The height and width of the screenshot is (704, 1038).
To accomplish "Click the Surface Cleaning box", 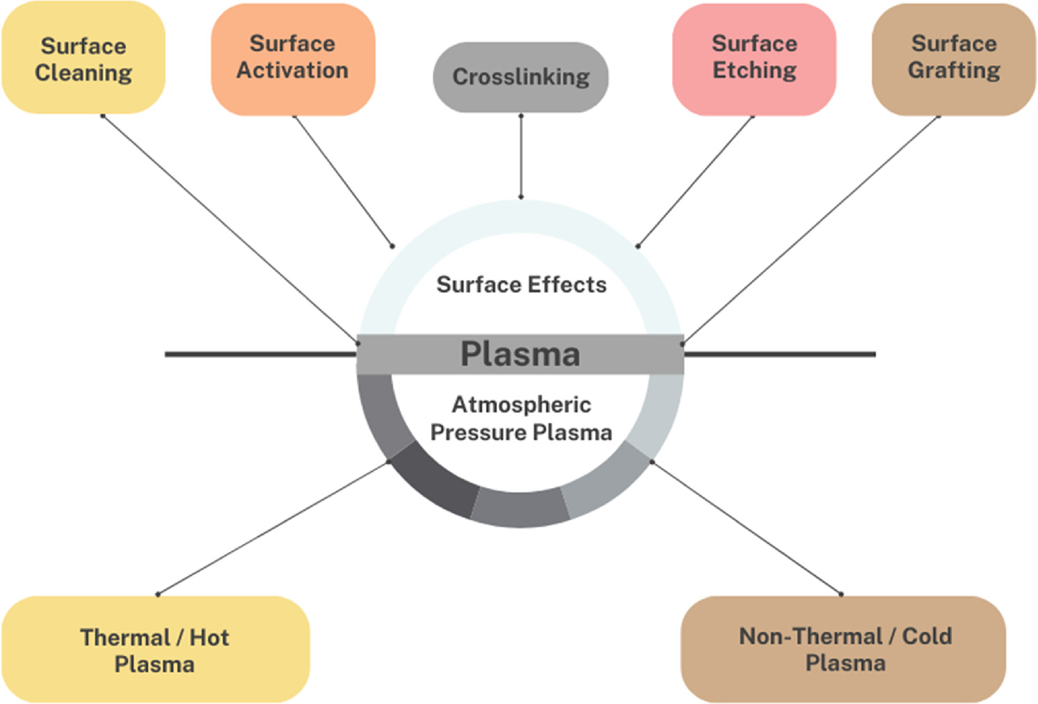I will click(x=83, y=59).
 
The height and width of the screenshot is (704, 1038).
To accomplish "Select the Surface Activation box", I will click(x=292, y=58).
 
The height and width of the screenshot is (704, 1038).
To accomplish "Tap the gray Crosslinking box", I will click(x=521, y=77).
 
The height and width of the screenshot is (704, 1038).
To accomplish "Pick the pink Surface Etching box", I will click(x=754, y=58).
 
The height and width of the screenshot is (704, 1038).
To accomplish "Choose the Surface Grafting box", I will click(x=953, y=58).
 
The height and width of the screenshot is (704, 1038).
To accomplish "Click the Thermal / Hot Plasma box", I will click(x=155, y=650).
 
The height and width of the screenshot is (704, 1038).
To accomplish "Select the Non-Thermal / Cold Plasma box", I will click(x=844, y=649).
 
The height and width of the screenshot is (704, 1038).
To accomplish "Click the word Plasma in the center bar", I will click(x=520, y=354).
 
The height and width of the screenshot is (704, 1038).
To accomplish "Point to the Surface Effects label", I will click(x=521, y=285).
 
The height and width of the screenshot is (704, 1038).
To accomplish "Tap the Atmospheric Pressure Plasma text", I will click(x=521, y=419).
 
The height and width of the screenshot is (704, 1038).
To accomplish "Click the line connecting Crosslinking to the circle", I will click(x=521, y=156).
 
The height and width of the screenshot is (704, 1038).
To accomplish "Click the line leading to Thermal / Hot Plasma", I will click(x=273, y=528).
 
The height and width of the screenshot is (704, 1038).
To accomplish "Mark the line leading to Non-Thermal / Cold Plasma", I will click(x=746, y=528).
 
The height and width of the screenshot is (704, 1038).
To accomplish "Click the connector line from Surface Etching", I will click(x=695, y=181).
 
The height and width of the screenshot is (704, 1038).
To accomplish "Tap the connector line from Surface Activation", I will click(x=343, y=181).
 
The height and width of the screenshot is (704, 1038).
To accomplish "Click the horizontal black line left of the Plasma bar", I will click(x=260, y=354).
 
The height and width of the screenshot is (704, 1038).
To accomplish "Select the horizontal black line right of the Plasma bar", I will click(x=780, y=354).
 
